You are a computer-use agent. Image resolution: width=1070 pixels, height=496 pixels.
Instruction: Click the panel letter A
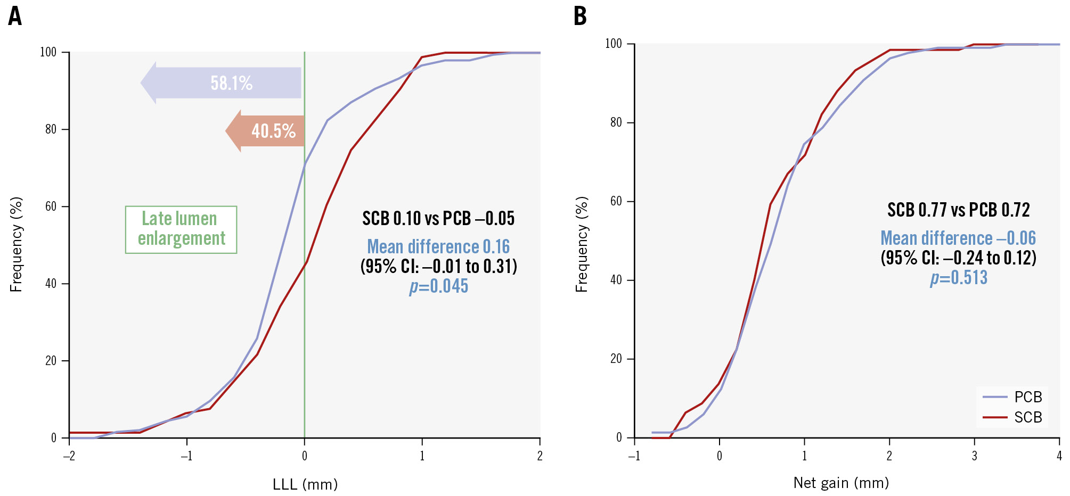[15, 16]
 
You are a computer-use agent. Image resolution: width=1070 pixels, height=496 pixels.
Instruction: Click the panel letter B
[580, 16]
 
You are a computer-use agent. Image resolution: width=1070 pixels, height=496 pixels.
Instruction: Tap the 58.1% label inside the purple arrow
[231, 83]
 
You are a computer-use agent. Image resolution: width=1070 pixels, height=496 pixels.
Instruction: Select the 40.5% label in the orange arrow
[273, 131]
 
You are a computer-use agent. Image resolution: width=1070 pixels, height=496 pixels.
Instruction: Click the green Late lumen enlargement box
[181, 229]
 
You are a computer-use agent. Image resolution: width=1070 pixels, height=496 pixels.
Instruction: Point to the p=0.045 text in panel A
[439, 286]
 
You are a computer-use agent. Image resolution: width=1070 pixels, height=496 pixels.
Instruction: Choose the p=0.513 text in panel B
[959, 278]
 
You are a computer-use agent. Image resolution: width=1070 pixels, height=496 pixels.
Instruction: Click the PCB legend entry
[1027, 397]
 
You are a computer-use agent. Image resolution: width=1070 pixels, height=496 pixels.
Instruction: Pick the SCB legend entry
[1027, 417]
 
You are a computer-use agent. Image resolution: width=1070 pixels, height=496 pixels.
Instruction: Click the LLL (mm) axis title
[305, 484]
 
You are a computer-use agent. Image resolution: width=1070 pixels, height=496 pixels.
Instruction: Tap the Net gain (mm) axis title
[841, 483]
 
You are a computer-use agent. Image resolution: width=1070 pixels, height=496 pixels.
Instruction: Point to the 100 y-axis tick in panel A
[48, 52]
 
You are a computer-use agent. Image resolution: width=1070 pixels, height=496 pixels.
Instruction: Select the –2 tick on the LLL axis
[69, 456]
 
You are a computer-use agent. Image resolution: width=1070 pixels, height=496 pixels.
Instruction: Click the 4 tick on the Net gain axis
[1059, 456]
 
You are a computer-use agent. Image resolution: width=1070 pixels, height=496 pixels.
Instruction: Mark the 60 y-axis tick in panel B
[616, 201]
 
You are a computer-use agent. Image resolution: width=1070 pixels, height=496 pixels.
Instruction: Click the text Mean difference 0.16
[438, 247]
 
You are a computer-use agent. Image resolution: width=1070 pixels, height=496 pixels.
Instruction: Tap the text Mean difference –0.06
[958, 238]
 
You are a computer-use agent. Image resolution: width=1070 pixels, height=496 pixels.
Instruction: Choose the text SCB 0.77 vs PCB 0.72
[958, 210]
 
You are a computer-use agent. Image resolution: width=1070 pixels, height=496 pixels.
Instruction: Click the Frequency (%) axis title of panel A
[17, 244]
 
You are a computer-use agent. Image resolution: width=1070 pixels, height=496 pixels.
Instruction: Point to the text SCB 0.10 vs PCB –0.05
[438, 219]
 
